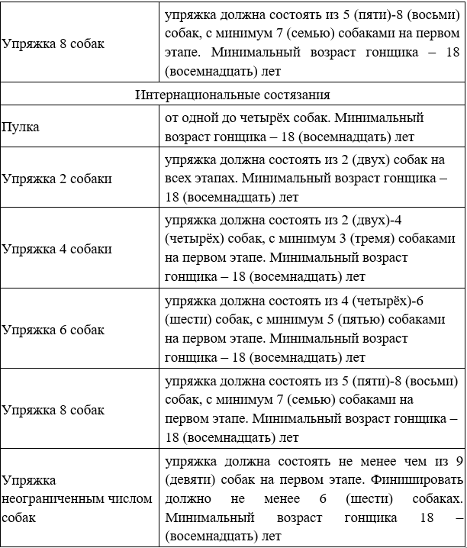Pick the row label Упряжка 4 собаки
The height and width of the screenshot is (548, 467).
coord(56,249)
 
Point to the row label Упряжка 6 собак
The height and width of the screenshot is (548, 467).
coord(53,330)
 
